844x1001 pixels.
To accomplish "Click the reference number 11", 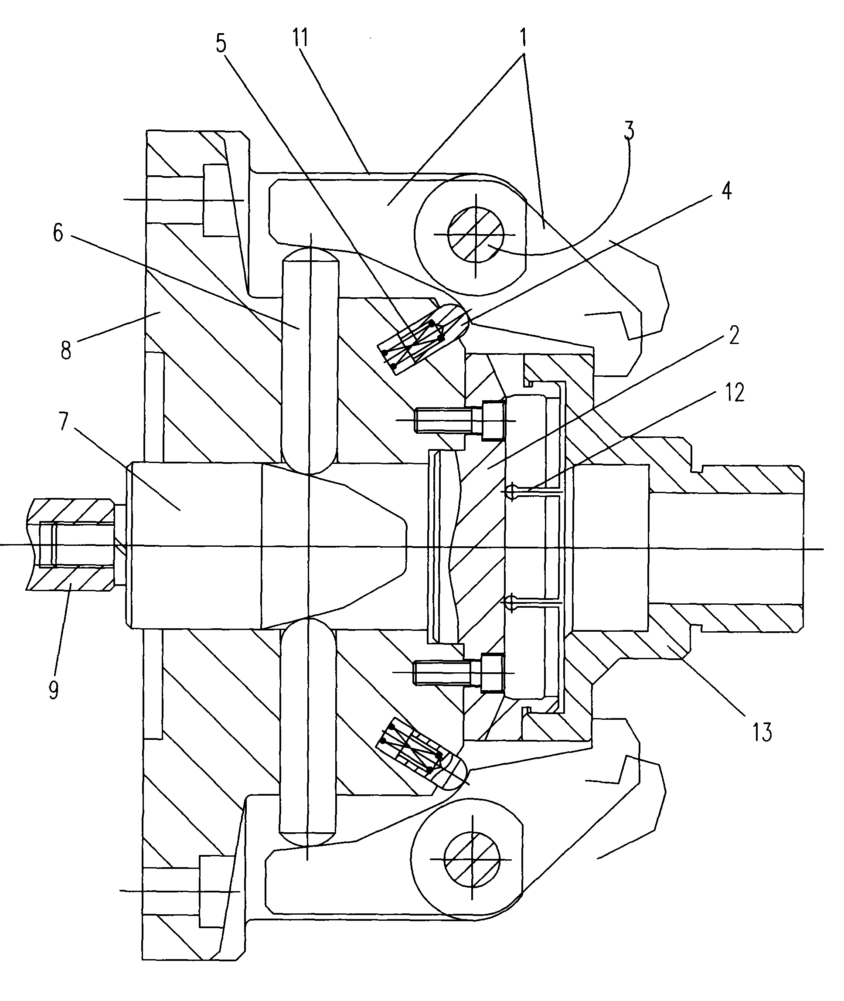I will pyautogui.click(x=300, y=37).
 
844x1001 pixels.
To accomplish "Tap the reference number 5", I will pyautogui.click(x=221, y=44).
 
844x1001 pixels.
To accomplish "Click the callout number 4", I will pyautogui.click(x=726, y=191).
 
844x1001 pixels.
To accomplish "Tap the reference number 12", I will pyautogui.click(x=735, y=393).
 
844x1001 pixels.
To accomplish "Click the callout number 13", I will pyautogui.click(x=762, y=732).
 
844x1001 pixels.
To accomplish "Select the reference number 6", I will pyautogui.click(x=58, y=234).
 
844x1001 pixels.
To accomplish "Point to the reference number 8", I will pyautogui.click(x=66, y=351).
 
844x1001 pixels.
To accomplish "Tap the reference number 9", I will pyautogui.click(x=54, y=690).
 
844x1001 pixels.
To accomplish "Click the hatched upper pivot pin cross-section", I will pyautogui.click(x=475, y=235).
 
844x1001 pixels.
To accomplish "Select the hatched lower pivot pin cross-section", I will pyautogui.click(x=472, y=859).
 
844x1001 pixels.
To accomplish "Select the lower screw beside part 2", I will pyautogui.click(x=457, y=672).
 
